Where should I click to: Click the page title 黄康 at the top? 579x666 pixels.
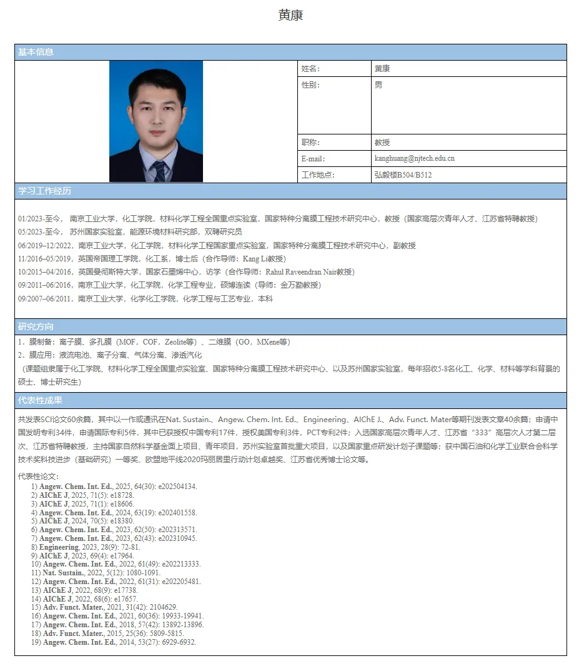tap(290, 16)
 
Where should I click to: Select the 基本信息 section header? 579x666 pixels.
tap(36, 52)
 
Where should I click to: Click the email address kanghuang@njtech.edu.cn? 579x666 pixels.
tap(414, 158)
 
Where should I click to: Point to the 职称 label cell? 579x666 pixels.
tap(310, 142)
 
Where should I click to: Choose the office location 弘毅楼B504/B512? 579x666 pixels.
tap(403, 174)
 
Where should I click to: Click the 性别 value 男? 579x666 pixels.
tap(379, 85)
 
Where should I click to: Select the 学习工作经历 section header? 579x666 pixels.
tap(44, 191)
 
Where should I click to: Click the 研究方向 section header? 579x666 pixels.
tap(36, 326)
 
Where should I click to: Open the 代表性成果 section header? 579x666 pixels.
tap(40, 400)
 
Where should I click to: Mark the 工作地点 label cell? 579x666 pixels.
tap(318, 174)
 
